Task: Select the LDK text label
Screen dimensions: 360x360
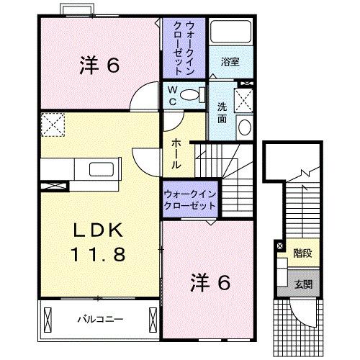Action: (x=100, y=232)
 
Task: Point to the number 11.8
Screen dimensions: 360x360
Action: (x=100, y=254)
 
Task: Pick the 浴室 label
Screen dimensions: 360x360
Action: (x=230, y=62)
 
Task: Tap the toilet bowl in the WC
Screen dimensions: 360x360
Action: (x=191, y=94)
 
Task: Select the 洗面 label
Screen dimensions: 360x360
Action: (x=222, y=112)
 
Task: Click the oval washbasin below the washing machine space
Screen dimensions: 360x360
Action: (x=244, y=128)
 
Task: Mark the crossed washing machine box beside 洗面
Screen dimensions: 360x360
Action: (x=244, y=99)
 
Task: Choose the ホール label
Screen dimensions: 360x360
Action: (x=176, y=153)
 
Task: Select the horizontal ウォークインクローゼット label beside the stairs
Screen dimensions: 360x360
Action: (x=189, y=200)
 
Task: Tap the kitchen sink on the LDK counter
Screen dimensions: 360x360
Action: (x=102, y=171)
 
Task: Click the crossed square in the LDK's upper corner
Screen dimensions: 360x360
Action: (x=51, y=125)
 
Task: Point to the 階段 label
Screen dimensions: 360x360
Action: (x=301, y=253)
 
